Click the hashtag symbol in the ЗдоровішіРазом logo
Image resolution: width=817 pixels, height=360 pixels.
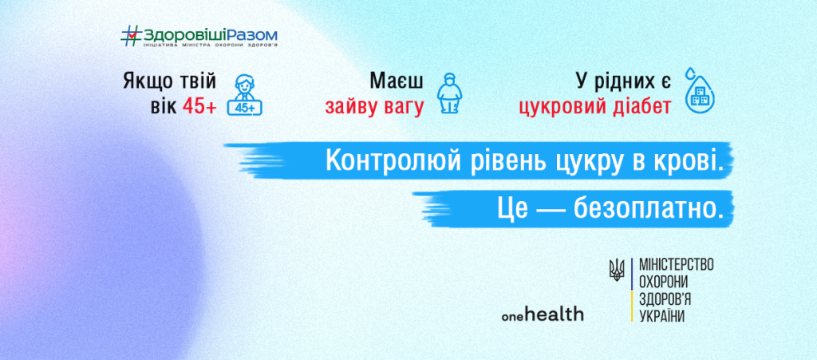(131, 34)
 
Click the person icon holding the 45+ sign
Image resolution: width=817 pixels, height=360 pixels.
(246, 93)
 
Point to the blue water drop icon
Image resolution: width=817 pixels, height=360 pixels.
(703, 93)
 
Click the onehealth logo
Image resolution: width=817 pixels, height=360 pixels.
(543, 315)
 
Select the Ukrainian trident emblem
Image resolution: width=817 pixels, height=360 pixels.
(616, 271)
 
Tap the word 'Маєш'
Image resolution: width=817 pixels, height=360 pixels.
(396, 81)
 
